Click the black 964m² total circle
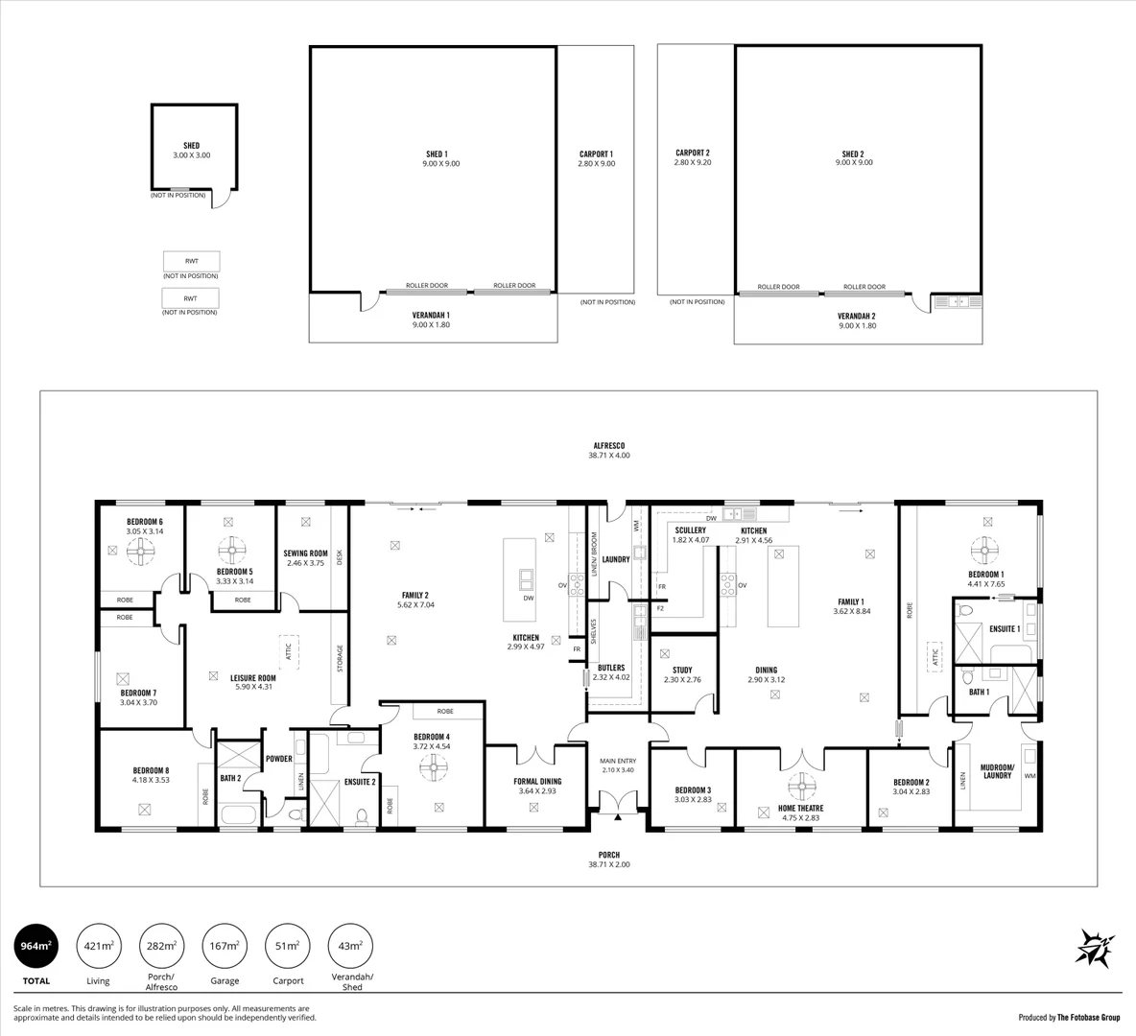(x=35, y=946)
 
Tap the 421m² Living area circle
(x=98, y=946)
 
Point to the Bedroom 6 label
(x=144, y=522)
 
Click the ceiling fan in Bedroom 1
(x=985, y=552)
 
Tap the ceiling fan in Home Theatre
(x=800, y=788)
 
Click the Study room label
(x=682, y=671)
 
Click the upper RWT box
(x=191, y=261)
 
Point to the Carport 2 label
(x=692, y=153)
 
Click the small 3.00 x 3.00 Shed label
(x=191, y=146)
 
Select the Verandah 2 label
(x=856, y=316)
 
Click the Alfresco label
(x=608, y=445)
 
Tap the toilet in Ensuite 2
(x=363, y=817)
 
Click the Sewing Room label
(x=305, y=553)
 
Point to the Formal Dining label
(x=537, y=781)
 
